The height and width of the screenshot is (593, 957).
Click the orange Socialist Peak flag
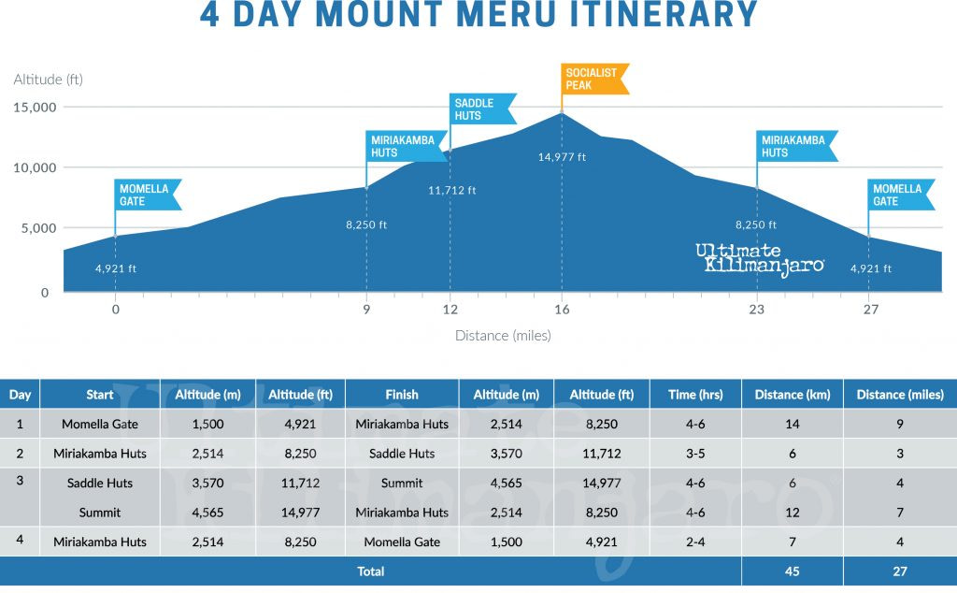point(593,79)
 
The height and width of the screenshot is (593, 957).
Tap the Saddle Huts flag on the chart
point(481,108)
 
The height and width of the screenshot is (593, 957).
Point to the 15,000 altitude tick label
point(36,107)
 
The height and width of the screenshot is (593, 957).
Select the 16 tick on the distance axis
point(562,310)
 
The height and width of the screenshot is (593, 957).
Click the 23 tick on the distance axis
point(755,310)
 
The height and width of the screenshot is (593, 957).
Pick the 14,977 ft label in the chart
point(562,157)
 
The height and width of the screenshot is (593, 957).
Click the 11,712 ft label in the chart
point(451,190)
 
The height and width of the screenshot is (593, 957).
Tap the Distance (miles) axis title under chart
point(503,335)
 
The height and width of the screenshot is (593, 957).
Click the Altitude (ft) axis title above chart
point(49,80)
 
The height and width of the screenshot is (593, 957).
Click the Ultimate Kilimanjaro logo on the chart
point(759,258)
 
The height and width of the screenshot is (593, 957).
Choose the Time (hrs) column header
point(695,395)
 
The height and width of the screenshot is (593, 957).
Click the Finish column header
point(402,395)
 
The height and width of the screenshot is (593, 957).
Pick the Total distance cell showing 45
point(792,571)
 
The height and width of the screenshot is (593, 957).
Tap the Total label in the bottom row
point(371,571)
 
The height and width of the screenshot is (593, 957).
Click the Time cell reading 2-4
point(695,542)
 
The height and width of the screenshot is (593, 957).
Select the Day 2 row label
point(20,453)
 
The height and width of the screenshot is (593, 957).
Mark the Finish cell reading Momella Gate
point(402,542)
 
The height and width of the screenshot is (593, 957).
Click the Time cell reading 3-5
point(695,454)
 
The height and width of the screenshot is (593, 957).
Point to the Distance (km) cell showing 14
point(792,424)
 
